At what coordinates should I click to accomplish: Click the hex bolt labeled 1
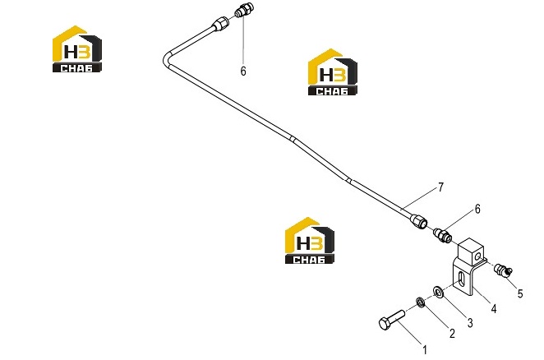[x=391, y=320]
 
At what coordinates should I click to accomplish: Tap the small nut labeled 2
[x=420, y=302]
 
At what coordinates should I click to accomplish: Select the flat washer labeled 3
[x=438, y=292]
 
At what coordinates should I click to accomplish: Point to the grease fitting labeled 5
[x=503, y=270]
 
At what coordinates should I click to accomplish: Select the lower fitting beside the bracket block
[x=442, y=234]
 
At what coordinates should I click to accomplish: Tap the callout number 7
[x=440, y=187]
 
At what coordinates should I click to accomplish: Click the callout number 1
[x=425, y=350]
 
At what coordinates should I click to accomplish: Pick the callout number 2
[x=452, y=333]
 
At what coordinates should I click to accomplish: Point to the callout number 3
[x=470, y=323]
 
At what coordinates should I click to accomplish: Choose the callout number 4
[x=493, y=308]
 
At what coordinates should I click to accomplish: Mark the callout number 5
[x=519, y=293]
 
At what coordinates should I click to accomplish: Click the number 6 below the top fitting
[x=243, y=72]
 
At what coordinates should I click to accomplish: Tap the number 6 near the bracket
[x=477, y=209]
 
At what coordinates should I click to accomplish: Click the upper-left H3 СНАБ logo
[x=77, y=49]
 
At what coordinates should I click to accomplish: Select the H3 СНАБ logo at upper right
[x=332, y=72]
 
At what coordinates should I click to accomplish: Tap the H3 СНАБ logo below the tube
[x=310, y=240]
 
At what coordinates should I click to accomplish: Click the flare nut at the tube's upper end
[x=220, y=23]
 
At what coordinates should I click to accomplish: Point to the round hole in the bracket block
[x=478, y=256]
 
